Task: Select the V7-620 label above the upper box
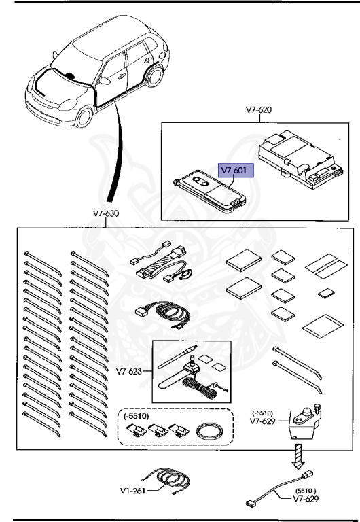(258, 109)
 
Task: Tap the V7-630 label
(106, 213)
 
